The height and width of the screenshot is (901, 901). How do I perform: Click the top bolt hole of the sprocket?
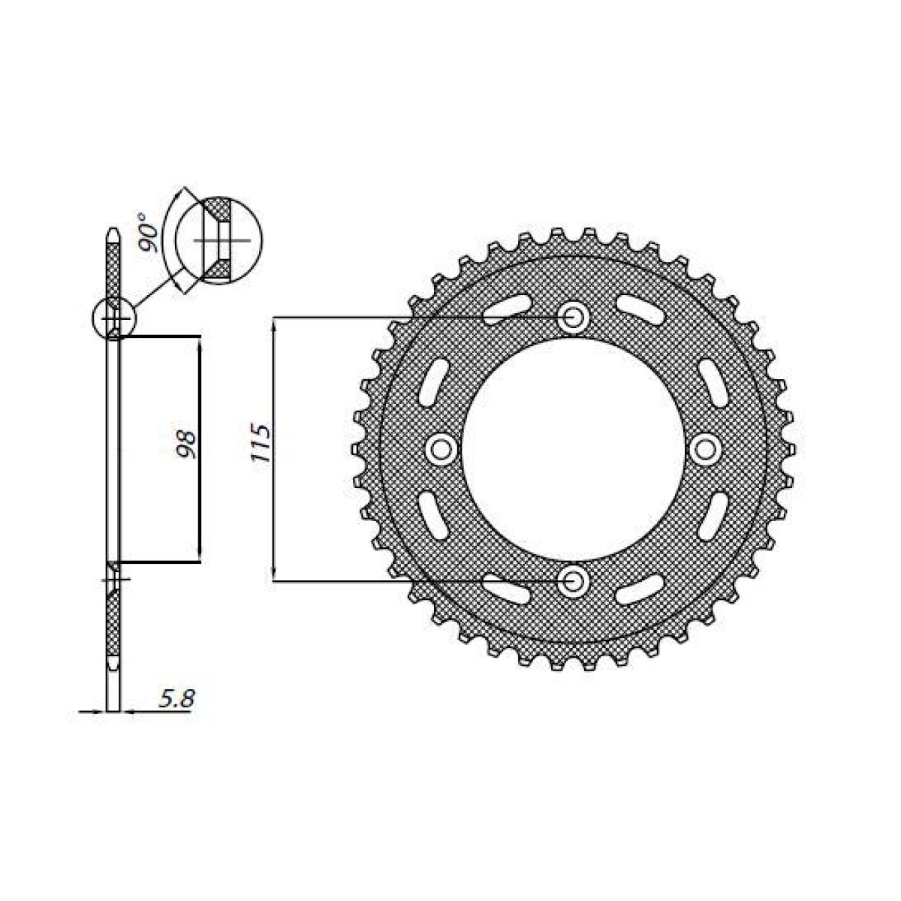574,318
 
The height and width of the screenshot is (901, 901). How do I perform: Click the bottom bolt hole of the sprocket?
574,580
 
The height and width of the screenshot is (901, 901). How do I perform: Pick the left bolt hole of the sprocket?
441,449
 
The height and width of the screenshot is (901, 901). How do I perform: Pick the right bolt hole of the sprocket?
706,449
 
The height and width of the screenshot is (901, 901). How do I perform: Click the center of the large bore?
574,449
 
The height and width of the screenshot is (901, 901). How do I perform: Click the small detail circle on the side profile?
113,318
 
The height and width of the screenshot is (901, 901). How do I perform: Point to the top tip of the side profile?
113,230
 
